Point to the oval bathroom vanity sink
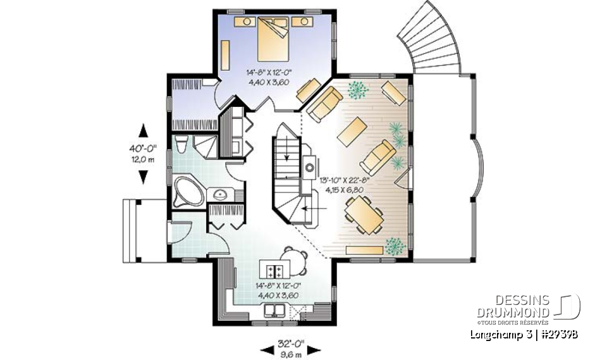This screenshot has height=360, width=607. click(x=221, y=194)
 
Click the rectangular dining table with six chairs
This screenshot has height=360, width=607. click(x=363, y=214)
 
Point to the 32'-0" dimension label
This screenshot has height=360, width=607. click(x=291, y=344)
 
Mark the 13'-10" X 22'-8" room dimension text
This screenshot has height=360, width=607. click(x=344, y=180)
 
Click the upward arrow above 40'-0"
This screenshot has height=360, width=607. click(x=143, y=130)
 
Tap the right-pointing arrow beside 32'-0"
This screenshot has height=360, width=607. click(x=317, y=349)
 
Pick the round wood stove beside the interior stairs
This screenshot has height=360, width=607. click(x=310, y=168)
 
